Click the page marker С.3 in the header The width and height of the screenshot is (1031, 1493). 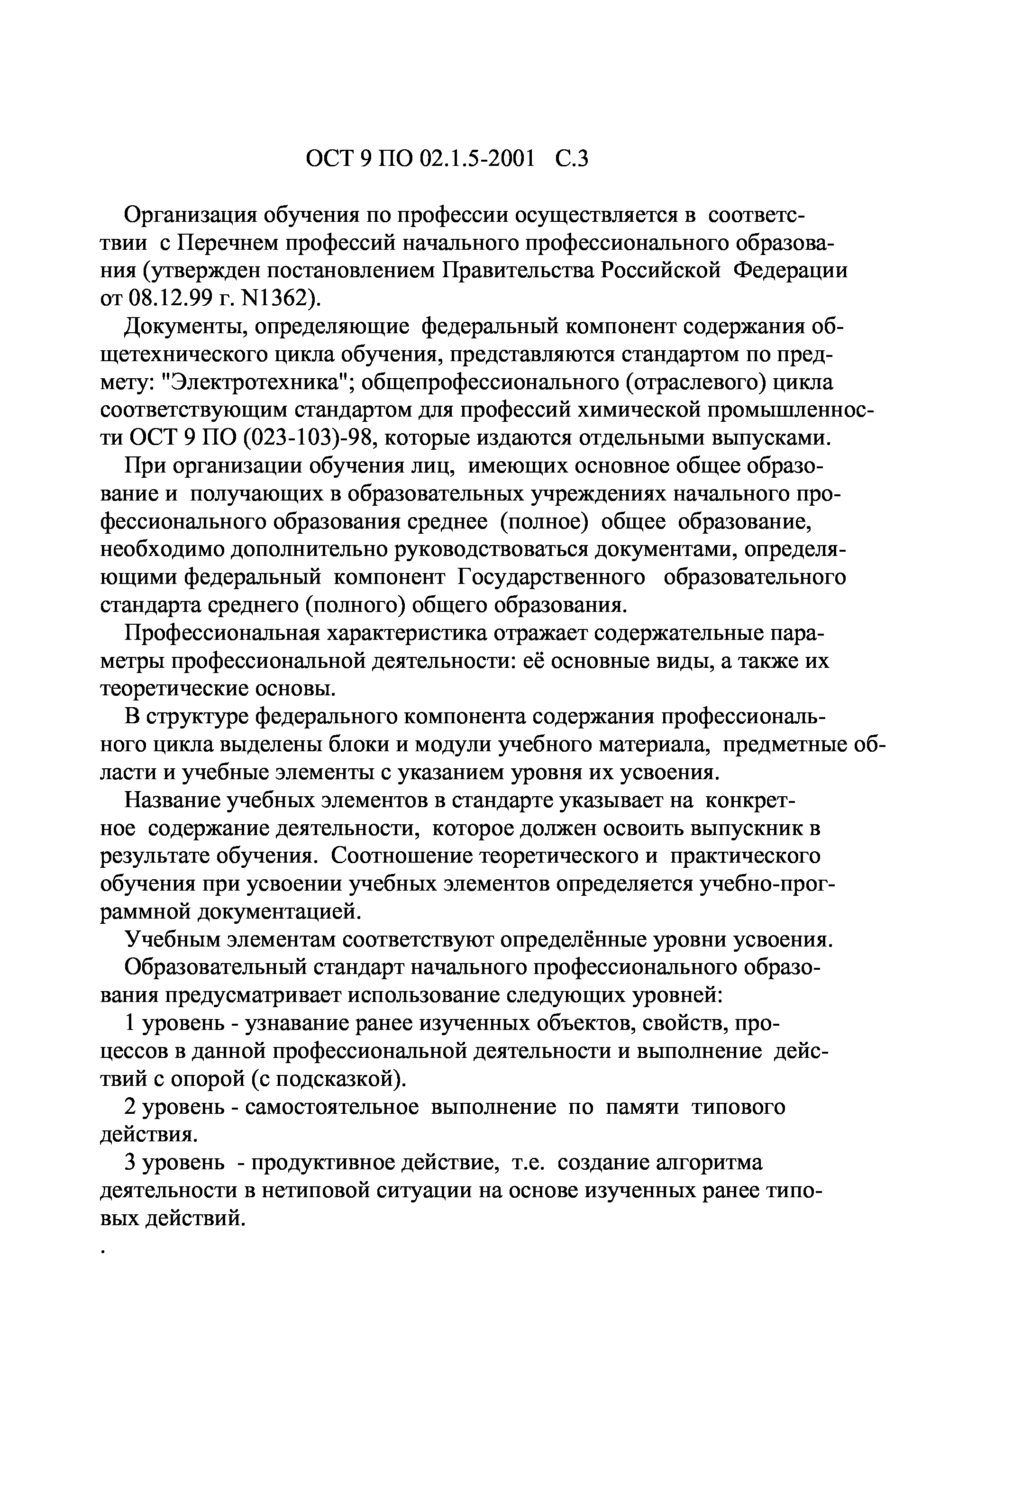click(571, 159)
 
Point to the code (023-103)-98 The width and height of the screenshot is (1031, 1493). click(304, 438)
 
